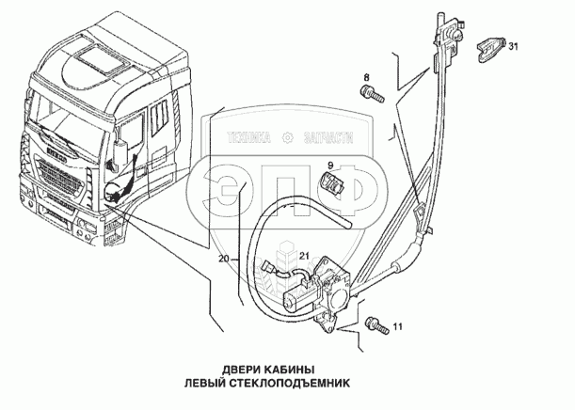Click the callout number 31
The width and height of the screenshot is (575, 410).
tap(513, 46)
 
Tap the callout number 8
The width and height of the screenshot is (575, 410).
tap(366, 77)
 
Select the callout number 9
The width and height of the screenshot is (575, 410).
tap(330, 166)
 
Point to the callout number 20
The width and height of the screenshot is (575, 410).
tap(224, 259)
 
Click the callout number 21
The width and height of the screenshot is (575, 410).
tap(304, 256)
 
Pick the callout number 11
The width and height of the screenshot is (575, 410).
tap(398, 326)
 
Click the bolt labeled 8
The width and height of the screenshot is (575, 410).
tap(372, 92)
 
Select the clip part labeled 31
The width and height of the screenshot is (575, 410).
tap(491, 50)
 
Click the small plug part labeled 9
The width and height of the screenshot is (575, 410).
tap(331, 182)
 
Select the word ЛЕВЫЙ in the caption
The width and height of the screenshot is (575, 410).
tap(205, 384)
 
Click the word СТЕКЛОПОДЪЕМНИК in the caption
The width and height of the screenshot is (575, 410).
tap(290, 384)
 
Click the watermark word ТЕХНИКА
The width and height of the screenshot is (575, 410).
tap(249, 138)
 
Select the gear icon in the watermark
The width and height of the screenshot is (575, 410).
tap(288, 138)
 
